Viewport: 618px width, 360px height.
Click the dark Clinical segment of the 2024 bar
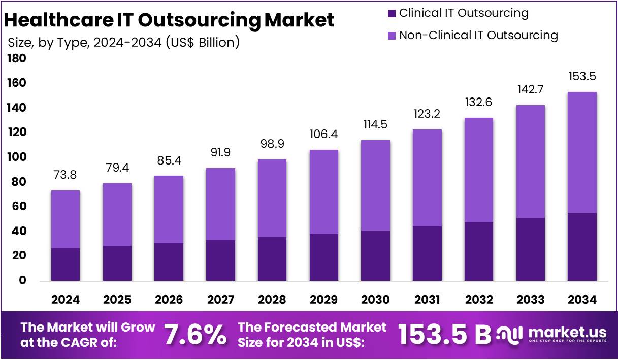66,264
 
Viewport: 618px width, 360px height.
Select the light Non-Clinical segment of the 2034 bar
582,152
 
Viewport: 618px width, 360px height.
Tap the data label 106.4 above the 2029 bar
324,135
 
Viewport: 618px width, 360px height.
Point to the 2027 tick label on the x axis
220,300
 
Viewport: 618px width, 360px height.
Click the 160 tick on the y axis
16,83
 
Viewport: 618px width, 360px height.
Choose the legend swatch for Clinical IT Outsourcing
392,13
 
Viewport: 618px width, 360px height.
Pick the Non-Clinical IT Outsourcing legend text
478,35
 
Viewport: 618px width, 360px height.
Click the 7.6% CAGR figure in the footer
195,335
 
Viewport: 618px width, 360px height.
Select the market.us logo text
567,333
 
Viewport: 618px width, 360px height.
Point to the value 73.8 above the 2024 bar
66,175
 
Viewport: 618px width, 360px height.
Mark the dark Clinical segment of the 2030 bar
376,255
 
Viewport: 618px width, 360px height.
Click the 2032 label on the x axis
478,300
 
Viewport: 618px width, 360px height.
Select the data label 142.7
530,90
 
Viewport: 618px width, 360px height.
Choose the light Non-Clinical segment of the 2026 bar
169,209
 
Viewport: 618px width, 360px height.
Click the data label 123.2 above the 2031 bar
427,115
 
